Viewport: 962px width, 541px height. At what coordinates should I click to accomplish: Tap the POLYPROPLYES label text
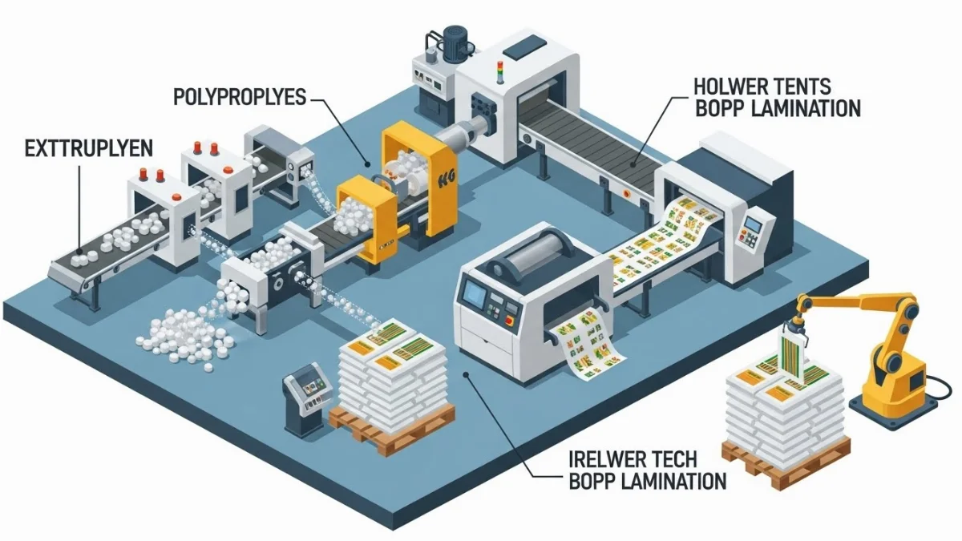(x=240, y=99)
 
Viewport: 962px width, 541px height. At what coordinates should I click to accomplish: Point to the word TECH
(x=668, y=459)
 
